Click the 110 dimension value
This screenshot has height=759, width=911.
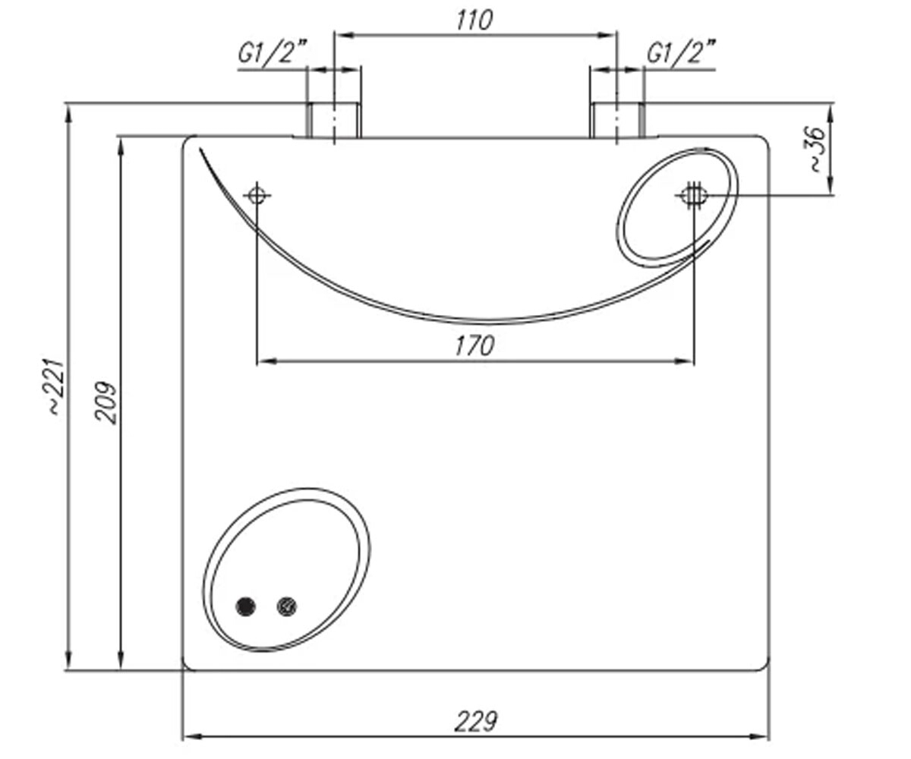tap(474, 20)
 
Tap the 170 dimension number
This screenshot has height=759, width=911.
tap(474, 346)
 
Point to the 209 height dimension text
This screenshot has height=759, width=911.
tap(106, 402)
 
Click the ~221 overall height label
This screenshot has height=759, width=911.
tap(57, 388)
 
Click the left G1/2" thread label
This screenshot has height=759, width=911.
tap(272, 52)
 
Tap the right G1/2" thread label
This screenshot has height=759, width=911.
tap(680, 52)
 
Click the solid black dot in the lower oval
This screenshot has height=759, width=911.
tap(245, 606)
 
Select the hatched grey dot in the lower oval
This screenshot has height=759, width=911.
tap(287, 606)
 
